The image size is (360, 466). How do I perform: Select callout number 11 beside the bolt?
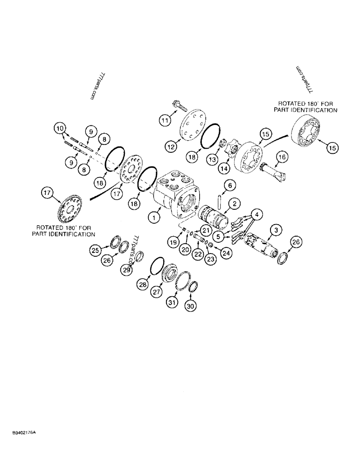165,120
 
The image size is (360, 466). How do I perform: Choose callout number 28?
143,283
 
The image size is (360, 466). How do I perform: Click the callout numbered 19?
173,242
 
